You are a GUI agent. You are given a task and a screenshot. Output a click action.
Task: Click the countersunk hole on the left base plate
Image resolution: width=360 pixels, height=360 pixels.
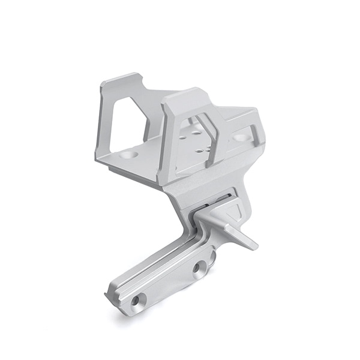pos(128,154)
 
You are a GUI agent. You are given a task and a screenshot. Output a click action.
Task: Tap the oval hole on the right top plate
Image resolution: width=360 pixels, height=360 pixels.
pos(241,138)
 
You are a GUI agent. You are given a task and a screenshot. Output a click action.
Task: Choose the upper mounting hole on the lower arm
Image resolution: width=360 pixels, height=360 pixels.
pos(199,268)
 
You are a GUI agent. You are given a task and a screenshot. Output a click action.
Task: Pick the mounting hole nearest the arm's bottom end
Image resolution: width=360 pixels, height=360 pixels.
pos(137,299)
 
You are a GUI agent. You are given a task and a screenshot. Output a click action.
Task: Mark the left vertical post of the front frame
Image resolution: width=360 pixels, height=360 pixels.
pos(166,144)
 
